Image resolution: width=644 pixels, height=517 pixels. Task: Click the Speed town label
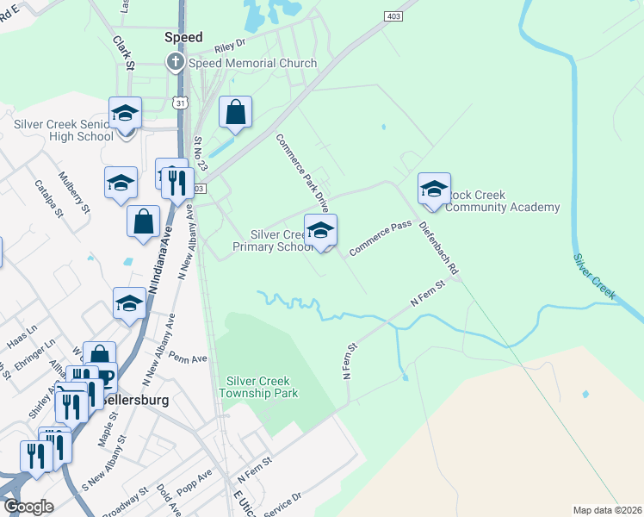(183, 38)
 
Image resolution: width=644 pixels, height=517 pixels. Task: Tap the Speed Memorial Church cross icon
(176, 63)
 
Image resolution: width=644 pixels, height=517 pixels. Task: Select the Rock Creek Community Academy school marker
(433, 190)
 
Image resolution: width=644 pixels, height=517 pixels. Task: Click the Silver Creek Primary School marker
(320, 231)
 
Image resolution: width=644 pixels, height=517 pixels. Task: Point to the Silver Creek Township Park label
(262, 387)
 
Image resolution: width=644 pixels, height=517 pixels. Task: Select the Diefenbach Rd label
(439, 248)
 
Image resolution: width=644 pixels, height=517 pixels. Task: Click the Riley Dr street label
(231, 42)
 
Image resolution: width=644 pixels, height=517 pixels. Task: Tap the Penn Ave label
(189, 357)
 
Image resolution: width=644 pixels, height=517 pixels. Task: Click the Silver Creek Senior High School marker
(125, 114)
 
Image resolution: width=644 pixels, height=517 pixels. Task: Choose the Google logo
(28, 507)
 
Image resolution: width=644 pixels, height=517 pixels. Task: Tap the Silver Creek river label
(596, 276)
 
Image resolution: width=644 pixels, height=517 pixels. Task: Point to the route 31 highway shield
(180, 103)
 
